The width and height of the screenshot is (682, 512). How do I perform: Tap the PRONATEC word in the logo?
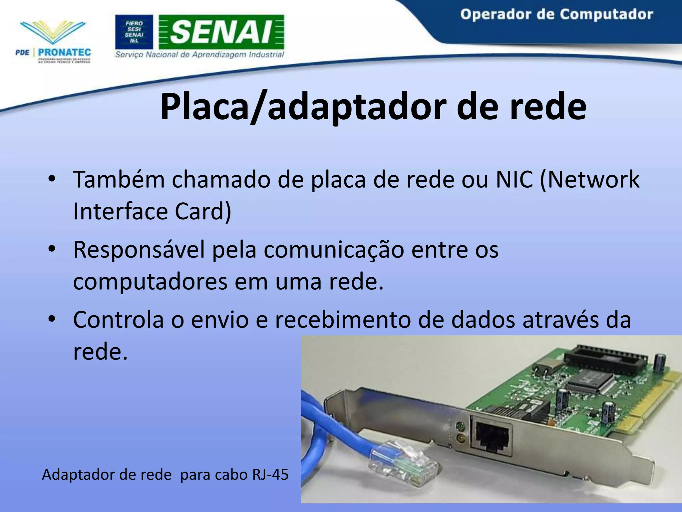(64, 52)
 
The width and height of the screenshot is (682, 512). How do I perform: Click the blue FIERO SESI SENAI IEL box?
(134, 32)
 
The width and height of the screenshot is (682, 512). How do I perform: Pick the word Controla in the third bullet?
(118, 320)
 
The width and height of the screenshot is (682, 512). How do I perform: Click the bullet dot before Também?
(51, 179)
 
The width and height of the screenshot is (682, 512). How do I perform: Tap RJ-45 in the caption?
(270, 475)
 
